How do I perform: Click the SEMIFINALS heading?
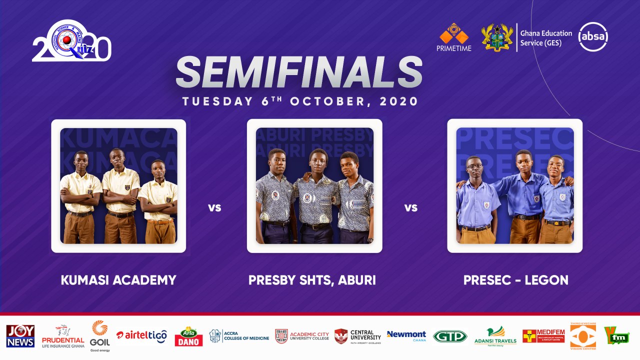(299, 73)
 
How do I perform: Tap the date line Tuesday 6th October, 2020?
(300, 101)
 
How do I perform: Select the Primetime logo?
(454, 37)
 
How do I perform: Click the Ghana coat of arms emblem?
(497, 37)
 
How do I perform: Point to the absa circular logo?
(593, 37)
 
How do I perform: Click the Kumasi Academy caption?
(118, 280)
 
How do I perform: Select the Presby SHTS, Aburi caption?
(312, 280)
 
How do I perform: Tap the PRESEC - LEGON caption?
(515, 280)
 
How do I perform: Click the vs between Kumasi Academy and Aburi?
(214, 207)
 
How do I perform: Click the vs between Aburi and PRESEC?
(410, 207)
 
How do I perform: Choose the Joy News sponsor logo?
(20, 336)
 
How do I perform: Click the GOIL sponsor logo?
(100, 336)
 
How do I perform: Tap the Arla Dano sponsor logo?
(188, 336)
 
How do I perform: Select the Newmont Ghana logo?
(406, 335)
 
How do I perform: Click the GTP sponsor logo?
(449, 336)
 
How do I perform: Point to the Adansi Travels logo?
(495, 336)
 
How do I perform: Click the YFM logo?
(616, 335)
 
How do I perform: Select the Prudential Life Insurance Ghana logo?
(63, 336)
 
